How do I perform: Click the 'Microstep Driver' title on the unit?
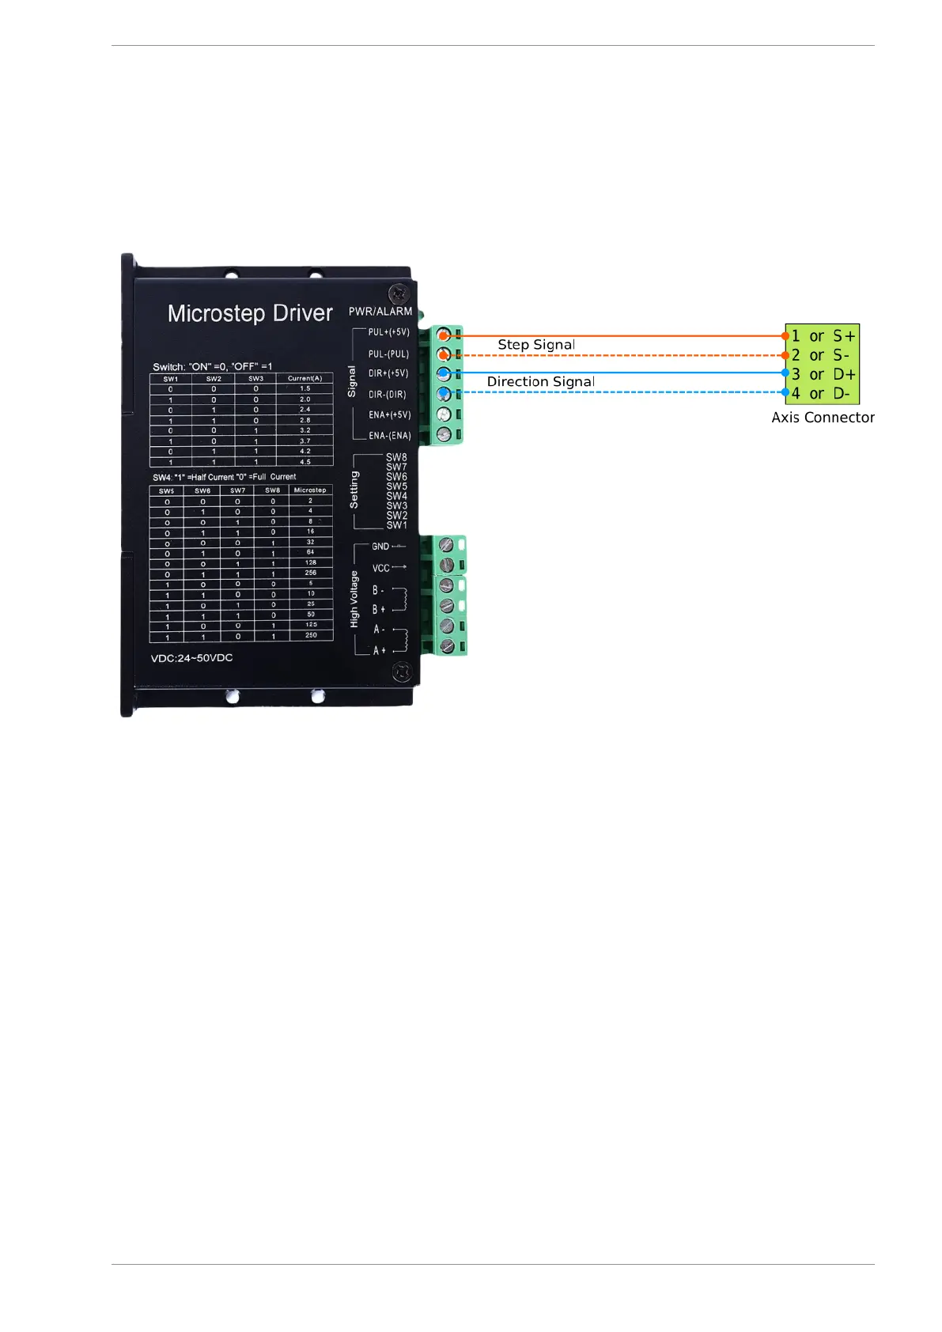(x=250, y=313)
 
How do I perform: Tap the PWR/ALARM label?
(x=380, y=312)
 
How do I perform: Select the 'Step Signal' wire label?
(x=536, y=345)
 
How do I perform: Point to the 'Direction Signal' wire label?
(x=541, y=382)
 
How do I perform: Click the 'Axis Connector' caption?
(x=823, y=418)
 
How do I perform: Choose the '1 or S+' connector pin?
(x=823, y=336)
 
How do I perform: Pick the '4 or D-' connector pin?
(x=821, y=393)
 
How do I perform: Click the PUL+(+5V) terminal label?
(x=389, y=332)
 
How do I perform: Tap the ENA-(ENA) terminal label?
(x=390, y=436)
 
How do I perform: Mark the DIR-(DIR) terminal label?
(x=388, y=394)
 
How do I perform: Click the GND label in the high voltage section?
(x=380, y=547)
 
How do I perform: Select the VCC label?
(x=380, y=568)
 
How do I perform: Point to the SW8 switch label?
(x=396, y=457)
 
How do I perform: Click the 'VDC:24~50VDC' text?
(x=191, y=658)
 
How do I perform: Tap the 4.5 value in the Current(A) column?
(x=305, y=462)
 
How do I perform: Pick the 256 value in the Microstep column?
(x=310, y=573)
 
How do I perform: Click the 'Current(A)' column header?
(x=305, y=378)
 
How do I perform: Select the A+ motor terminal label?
(x=380, y=650)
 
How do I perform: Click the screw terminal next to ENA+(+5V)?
(x=445, y=414)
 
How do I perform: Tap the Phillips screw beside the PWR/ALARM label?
(x=399, y=292)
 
